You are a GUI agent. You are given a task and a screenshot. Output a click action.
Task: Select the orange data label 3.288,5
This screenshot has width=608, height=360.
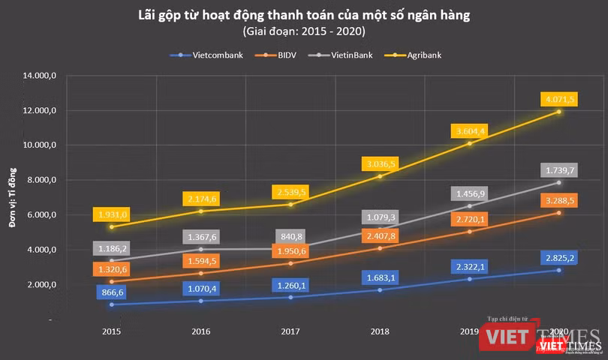(558, 200)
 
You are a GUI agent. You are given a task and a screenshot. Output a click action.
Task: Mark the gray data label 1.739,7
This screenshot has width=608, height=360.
(558, 169)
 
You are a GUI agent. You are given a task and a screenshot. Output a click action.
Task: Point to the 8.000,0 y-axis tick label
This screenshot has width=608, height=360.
(44, 180)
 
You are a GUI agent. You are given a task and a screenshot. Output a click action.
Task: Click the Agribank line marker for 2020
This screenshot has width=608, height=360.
(558, 112)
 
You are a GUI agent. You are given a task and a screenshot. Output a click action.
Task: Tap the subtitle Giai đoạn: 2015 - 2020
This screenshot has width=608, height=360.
(303, 31)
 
